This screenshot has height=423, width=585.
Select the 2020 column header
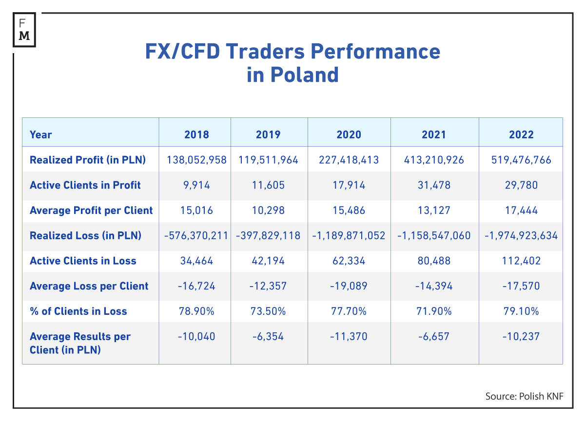click(349, 135)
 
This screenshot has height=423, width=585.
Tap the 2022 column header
click(521, 135)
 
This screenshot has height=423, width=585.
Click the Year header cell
click(41, 135)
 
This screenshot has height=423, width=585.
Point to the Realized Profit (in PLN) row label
click(88, 160)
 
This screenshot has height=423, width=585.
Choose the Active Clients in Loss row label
click(83, 261)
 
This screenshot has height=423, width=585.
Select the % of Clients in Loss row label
click(78, 311)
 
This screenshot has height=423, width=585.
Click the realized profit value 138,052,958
click(196, 160)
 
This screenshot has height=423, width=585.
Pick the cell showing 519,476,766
click(521, 160)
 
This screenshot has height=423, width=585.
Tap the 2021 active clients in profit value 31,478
click(434, 185)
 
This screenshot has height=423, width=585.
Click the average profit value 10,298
click(268, 211)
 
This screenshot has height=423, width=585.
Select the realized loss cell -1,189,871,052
click(349, 236)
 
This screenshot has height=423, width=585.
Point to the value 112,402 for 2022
click(521, 261)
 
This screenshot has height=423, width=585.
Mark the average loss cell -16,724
click(196, 286)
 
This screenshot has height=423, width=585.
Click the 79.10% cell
click(521, 311)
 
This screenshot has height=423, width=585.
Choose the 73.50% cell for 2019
click(268, 311)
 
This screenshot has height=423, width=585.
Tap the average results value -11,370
click(349, 337)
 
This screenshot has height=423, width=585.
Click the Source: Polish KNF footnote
click(524, 396)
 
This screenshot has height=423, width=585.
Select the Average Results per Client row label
click(80, 343)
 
